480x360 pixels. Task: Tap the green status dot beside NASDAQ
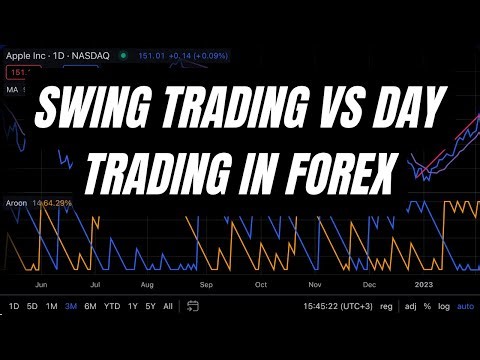coord(122,56)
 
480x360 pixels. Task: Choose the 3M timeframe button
coord(70,306)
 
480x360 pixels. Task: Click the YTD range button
coord(111,306)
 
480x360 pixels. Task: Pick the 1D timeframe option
coord(13,306)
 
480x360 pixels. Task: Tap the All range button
coord(167,306)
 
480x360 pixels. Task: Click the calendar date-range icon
coord(190,306)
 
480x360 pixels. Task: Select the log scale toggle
coord(444,306)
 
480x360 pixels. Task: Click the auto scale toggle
coord(465,306)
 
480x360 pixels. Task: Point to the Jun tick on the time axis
coord(41,284)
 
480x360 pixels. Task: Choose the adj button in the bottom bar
coord(410,306)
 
